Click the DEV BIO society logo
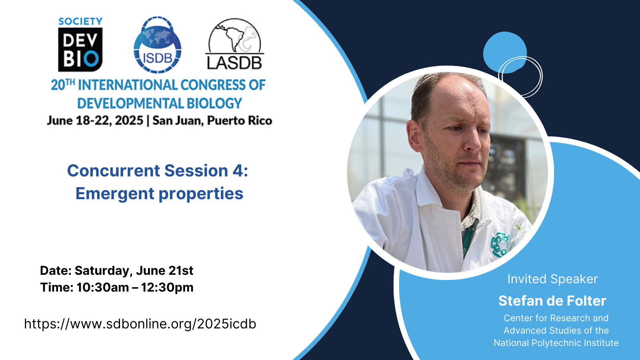tap(80, 44)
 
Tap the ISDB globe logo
tap(158, 44)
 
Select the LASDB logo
tap(234, 44)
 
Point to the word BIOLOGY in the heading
tap(214, 103)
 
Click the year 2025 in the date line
tap(129, 120)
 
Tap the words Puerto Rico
tap(240, 120)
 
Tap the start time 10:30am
tap(103, 288)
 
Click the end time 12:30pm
tap(167, 288)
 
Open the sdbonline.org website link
tap(140, 324)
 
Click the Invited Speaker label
tap(552, 279)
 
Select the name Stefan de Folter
tap(552, 301)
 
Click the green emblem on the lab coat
tap(500, 245)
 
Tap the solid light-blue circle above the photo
tap(505, 52)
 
